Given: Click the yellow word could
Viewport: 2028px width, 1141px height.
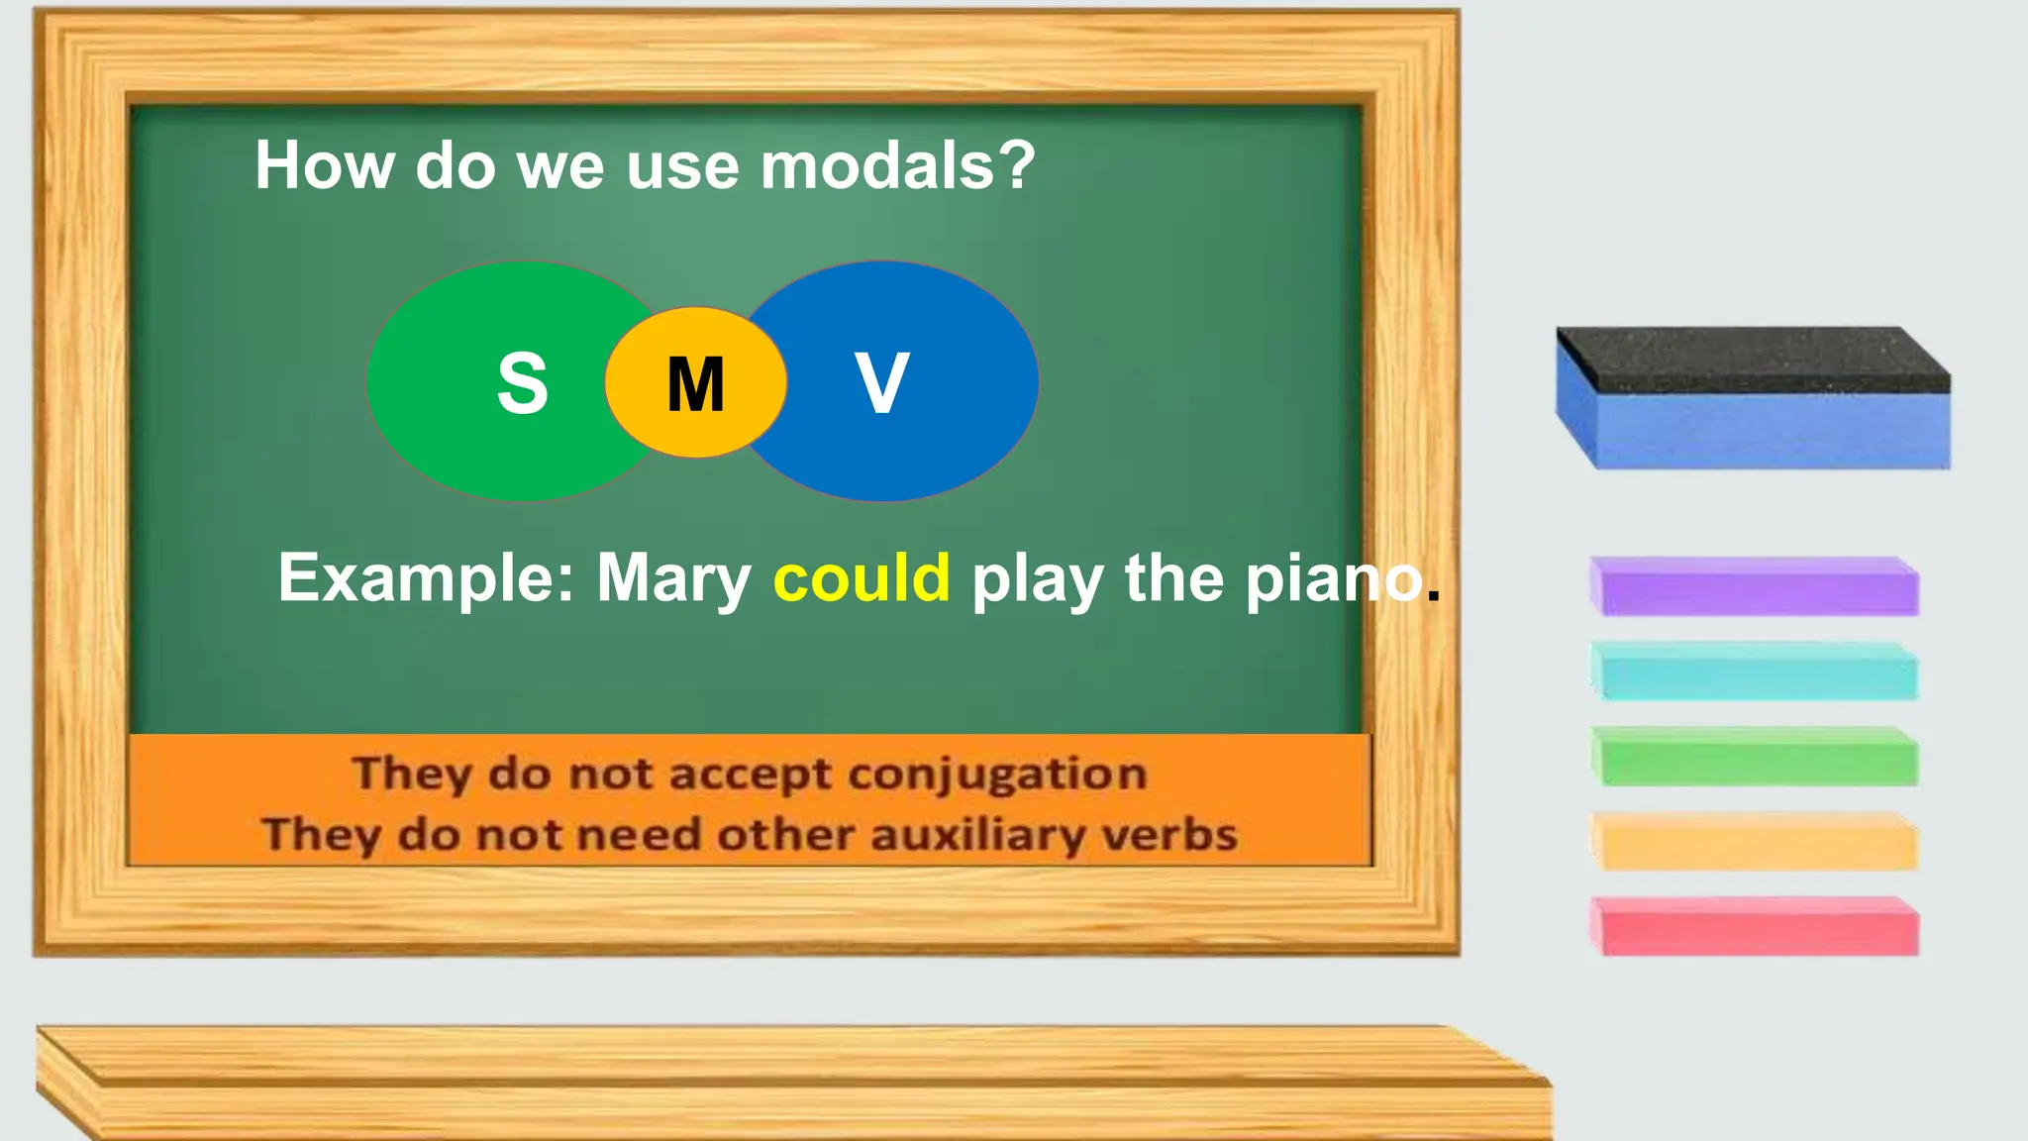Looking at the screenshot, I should tap(862, 578).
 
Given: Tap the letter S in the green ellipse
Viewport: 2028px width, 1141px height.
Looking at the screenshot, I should tap(522, 383).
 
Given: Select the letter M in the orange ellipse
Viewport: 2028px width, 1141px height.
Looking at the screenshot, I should tap(696, 384).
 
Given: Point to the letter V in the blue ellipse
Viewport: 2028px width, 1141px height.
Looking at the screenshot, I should tap(881, 383).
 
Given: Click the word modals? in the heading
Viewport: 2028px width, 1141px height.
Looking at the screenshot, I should tap(897, 165).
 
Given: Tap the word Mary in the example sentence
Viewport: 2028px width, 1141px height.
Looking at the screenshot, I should tap(673, 580).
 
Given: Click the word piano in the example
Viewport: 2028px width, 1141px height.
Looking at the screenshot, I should tap(1333, 578).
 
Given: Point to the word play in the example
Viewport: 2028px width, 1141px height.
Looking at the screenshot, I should tap(1037, 580).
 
